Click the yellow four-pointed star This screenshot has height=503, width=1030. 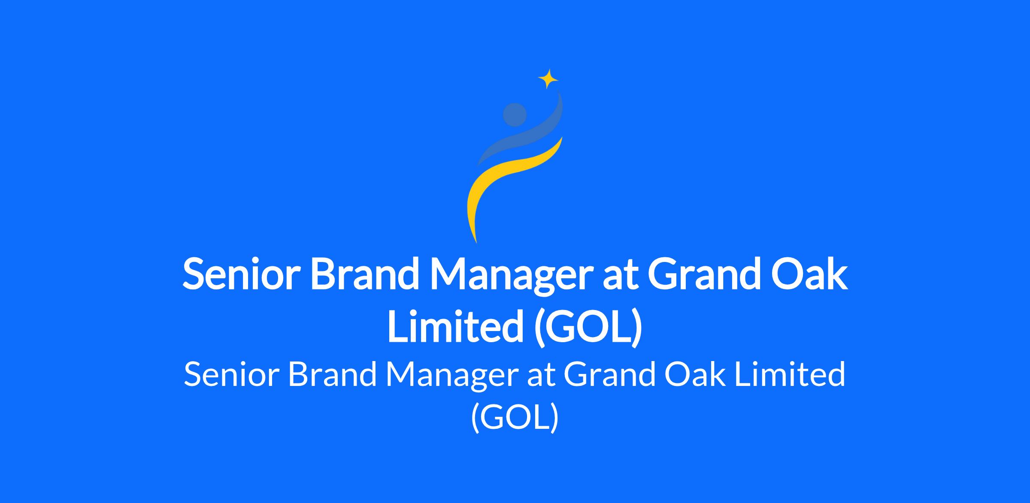548,79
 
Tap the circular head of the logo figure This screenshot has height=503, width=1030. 515,115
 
